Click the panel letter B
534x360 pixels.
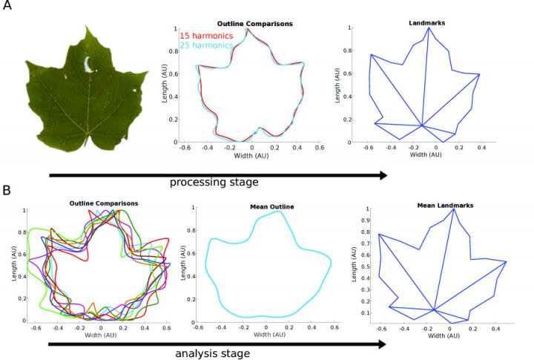click(7, 191)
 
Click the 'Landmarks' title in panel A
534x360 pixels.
click(426, 23)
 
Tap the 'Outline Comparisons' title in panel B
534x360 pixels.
click(103, 203)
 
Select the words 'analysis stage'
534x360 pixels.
click(214, 353)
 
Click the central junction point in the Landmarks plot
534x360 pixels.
click(421, 126)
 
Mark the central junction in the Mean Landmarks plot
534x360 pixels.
click(433, 310)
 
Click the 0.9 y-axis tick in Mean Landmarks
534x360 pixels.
click(367, 220)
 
